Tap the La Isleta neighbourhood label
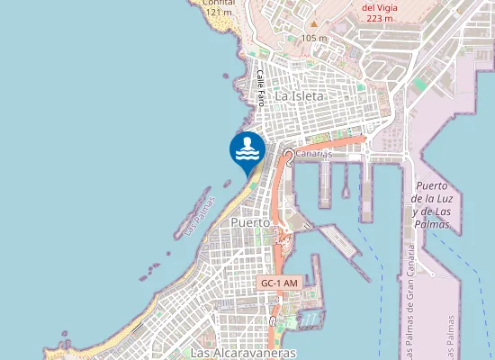coord(299,95)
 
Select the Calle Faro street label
coord(261,85)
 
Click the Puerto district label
coord(251,220)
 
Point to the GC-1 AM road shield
coord(278,283)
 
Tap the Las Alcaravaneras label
coord(244,353)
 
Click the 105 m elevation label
coord(314,38)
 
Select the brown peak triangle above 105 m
coord(313,24)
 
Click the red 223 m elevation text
coord(379,17)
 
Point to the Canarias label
coord(313,154)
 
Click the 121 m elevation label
coord(219,13)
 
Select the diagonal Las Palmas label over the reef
coord(200,217)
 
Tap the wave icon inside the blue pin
coord(247,150)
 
